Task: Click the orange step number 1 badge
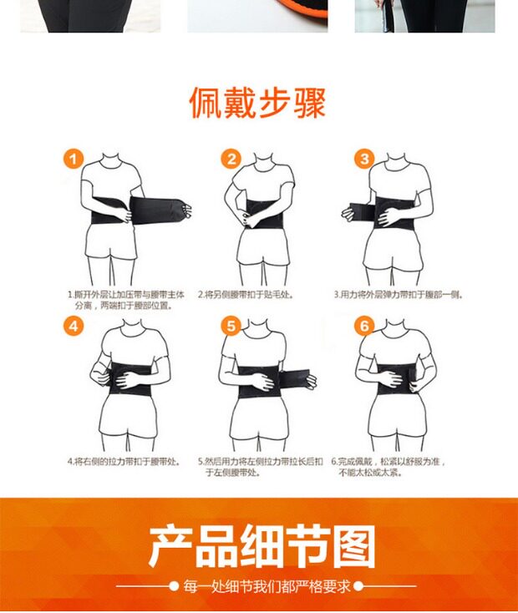point(74,160)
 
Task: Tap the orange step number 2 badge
point(231,160)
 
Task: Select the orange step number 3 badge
point(364,160)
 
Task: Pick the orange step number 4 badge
point(74,326)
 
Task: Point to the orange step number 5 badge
point(231,326)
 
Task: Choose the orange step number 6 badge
point(364,326)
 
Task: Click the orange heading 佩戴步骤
point(257,103)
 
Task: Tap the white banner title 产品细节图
point(262,546)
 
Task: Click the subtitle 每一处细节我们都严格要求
point(267,586)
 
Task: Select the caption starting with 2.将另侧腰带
point(246,294)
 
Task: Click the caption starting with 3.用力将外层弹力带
point(398,294)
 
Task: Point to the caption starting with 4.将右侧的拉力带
point(124,462)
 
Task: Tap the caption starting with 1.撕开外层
point(125,300)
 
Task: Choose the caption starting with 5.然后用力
point(260,467)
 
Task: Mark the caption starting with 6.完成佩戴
point(388,467)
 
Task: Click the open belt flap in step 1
point(159,210)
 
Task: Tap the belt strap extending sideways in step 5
point(295,378)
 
